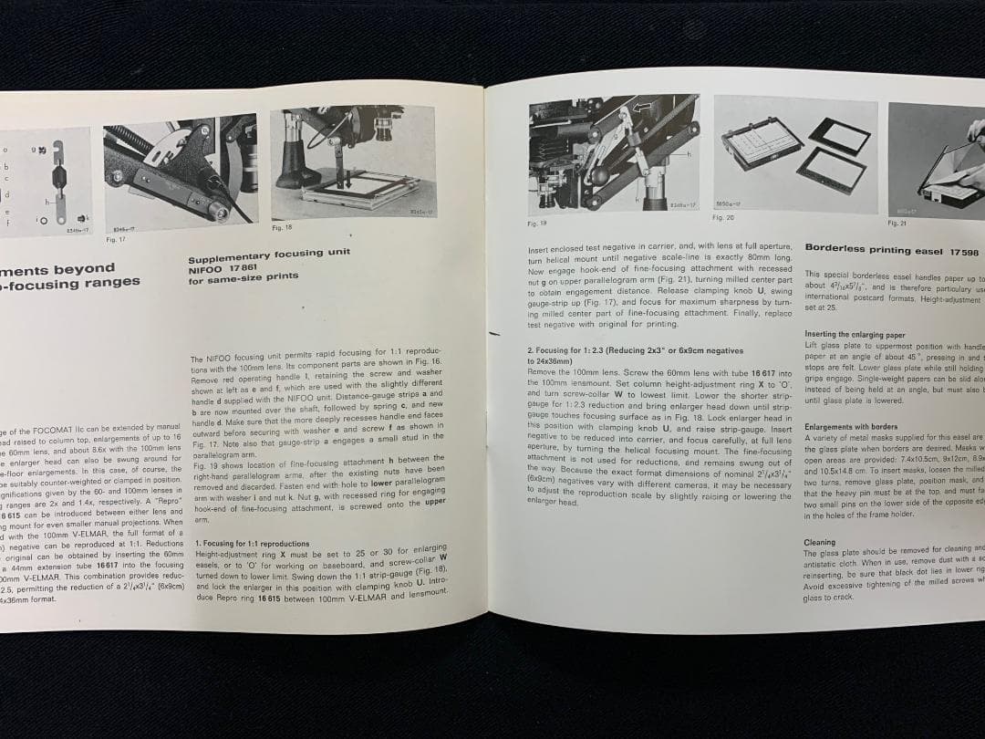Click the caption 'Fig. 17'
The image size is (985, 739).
116,240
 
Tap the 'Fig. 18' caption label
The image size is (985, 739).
282,227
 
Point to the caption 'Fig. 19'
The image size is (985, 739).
537,223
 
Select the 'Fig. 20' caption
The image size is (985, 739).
722,218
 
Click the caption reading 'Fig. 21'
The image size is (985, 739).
897,223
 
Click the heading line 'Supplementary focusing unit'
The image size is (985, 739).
269,255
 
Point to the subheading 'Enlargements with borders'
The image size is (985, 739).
851,426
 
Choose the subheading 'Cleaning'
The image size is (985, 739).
819,542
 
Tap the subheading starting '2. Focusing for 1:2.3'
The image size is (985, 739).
635,350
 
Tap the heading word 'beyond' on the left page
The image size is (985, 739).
84,268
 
